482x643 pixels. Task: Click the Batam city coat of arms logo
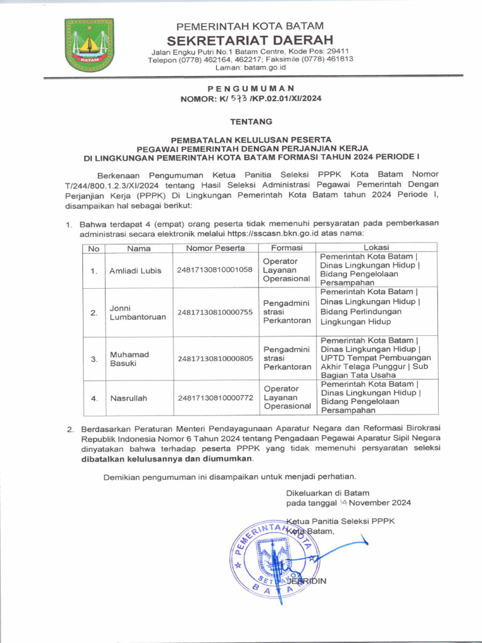click(89, 45)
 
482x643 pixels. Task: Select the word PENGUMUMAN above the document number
click(250, 89)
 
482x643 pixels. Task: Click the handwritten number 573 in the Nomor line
click(238, 98)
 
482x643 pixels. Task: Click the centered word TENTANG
click(250, 121)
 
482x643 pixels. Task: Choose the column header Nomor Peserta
click(215, 248)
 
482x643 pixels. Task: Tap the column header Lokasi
click(376, 248)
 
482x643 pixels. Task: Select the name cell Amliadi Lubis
click(136, 271)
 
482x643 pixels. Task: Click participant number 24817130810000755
click(215, 312)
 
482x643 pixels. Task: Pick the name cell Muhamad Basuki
click(129, 359)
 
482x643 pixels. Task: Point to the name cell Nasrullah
click(129, 398)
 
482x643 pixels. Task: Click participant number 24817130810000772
click(215, 398)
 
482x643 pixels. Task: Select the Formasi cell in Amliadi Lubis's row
click(286, 270)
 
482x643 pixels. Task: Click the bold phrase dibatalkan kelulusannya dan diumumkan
click(166, 458)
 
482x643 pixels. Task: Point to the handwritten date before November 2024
click(343, 503)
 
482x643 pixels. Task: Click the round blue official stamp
click(275, 555)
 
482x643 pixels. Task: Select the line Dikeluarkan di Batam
click(328, 493)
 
